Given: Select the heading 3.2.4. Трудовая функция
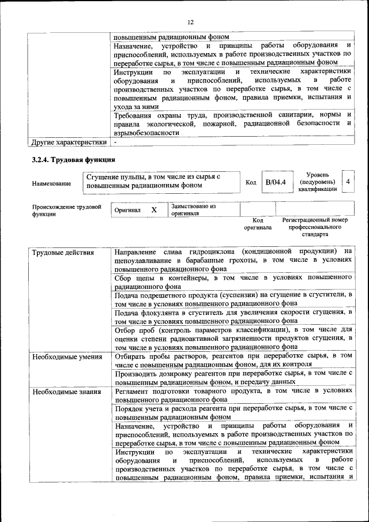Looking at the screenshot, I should coord(74,159).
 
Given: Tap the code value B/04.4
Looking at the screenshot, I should coord(275,182).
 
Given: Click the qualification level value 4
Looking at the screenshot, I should coord(348,182).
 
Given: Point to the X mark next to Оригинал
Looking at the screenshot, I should coord(154,210).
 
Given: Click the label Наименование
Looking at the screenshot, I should coord(52,183).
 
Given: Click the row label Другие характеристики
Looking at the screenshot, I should coord(69,141).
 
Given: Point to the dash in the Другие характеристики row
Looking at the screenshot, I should coord(115,141).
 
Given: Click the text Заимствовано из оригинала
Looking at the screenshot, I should coord(193,209).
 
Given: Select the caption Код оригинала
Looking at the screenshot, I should coord(257,224).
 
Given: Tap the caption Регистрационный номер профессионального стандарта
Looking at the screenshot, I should coord(315,227).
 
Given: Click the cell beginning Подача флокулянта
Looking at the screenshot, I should coord(232,316).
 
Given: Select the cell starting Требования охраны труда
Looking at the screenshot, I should coord(232,123).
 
